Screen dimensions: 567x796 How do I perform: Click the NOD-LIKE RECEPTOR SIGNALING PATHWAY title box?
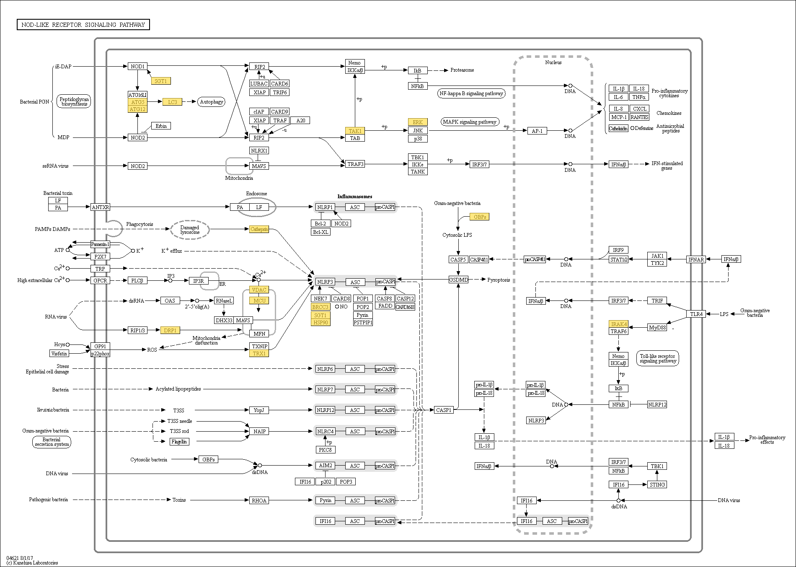click(x=83, y=25)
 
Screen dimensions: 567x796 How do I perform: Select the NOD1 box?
click(x=137, y=66)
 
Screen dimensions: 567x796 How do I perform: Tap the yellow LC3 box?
click(x=172, y=102)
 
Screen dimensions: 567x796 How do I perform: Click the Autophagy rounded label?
click(x=211, y=102)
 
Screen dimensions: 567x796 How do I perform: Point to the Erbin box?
click(x=161, y=126)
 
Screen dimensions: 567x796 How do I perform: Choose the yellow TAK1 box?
click(x=355, y=131)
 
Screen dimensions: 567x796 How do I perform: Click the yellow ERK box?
click(x=418, y=122)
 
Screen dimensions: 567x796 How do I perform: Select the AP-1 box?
click(x=537, y=131)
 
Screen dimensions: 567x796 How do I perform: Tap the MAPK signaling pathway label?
click(x=470, y=122)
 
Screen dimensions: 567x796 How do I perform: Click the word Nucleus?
click(x=553, y=62)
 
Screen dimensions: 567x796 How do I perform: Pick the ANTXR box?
click(x=100, y=207)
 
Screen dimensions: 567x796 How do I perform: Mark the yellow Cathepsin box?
click(x=259, y=229)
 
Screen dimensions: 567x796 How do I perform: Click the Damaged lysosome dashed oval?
click(x=190, y=230)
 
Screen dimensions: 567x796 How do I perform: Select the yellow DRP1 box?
click(x=170, y=330)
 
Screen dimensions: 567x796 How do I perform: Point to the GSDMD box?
click(x=458, y=280)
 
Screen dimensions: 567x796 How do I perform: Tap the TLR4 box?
click(x=696, y=314)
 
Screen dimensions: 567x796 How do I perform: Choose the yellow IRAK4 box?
click(x=618, y=324)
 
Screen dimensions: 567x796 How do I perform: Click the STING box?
click(x=657, y=484)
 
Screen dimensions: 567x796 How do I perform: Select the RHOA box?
click(x=259, y=500)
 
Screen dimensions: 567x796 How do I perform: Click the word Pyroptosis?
click(x=499, y=280)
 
